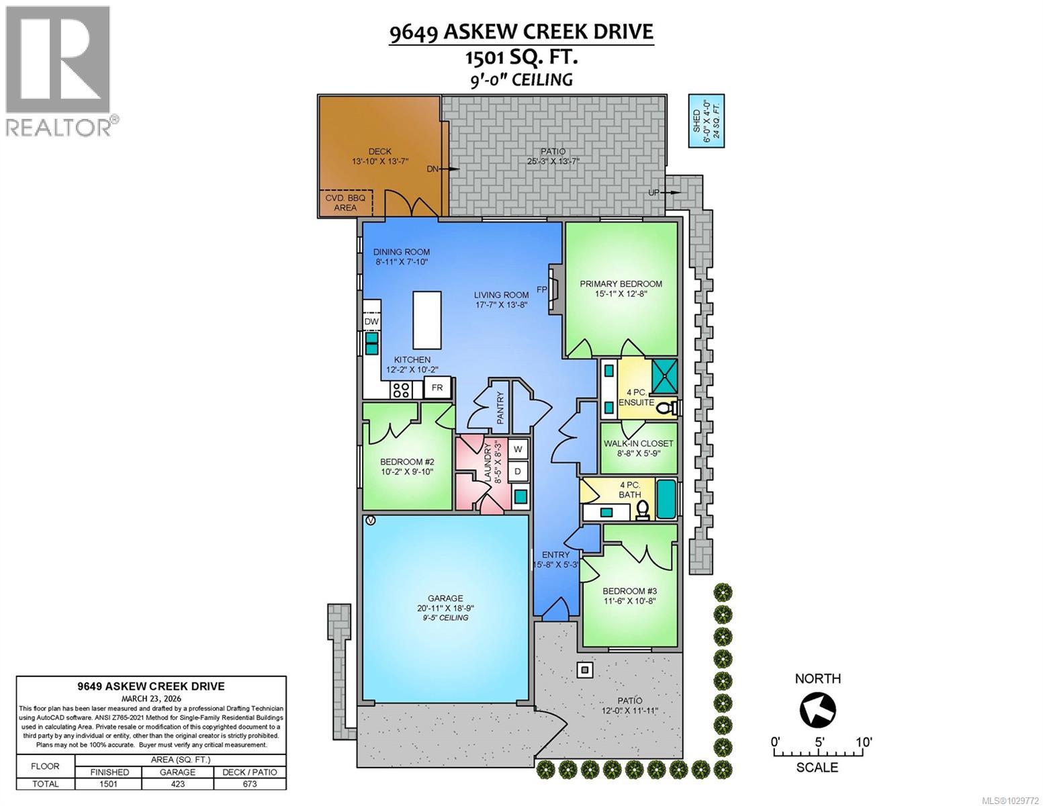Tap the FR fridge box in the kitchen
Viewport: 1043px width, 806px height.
[437, 388]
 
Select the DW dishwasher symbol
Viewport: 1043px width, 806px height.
[371, 322]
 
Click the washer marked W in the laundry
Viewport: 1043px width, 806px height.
[518, 449]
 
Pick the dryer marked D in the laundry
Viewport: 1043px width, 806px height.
[518, 472]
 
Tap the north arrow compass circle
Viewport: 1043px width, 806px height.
[818, 709]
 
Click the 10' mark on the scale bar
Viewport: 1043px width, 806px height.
[864, 743]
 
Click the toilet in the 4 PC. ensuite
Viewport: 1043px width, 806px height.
[667, 408]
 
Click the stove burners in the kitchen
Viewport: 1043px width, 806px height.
[402, 390]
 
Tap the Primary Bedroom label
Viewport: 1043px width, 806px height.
[621, 283]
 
